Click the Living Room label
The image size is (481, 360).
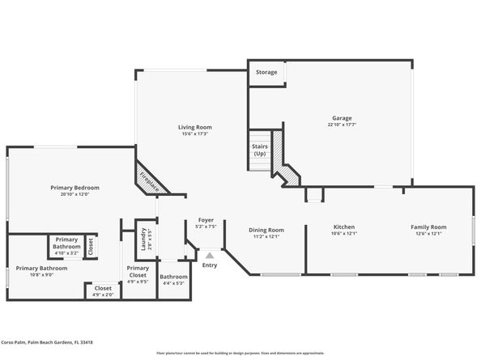coord(195,127)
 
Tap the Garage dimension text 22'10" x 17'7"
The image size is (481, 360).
coord(343,125)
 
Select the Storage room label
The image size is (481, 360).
coord(266,72)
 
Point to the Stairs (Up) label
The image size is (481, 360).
coord(259,150)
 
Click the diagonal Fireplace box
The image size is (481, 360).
coord(151,179)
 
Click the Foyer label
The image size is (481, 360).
coord(206,219)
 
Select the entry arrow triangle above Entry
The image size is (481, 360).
coord(210,256)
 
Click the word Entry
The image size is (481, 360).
coord(210,265)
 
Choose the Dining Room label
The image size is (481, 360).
coord(266,229)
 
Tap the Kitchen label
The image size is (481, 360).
coord(344,227)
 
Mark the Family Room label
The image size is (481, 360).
coord(428,227)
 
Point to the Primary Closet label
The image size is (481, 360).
coord(138,271)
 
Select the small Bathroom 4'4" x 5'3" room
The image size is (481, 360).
coord(173,280)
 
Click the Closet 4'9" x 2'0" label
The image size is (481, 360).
coord(103,287)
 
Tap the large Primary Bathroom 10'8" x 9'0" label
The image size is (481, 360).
coord(41,268)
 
